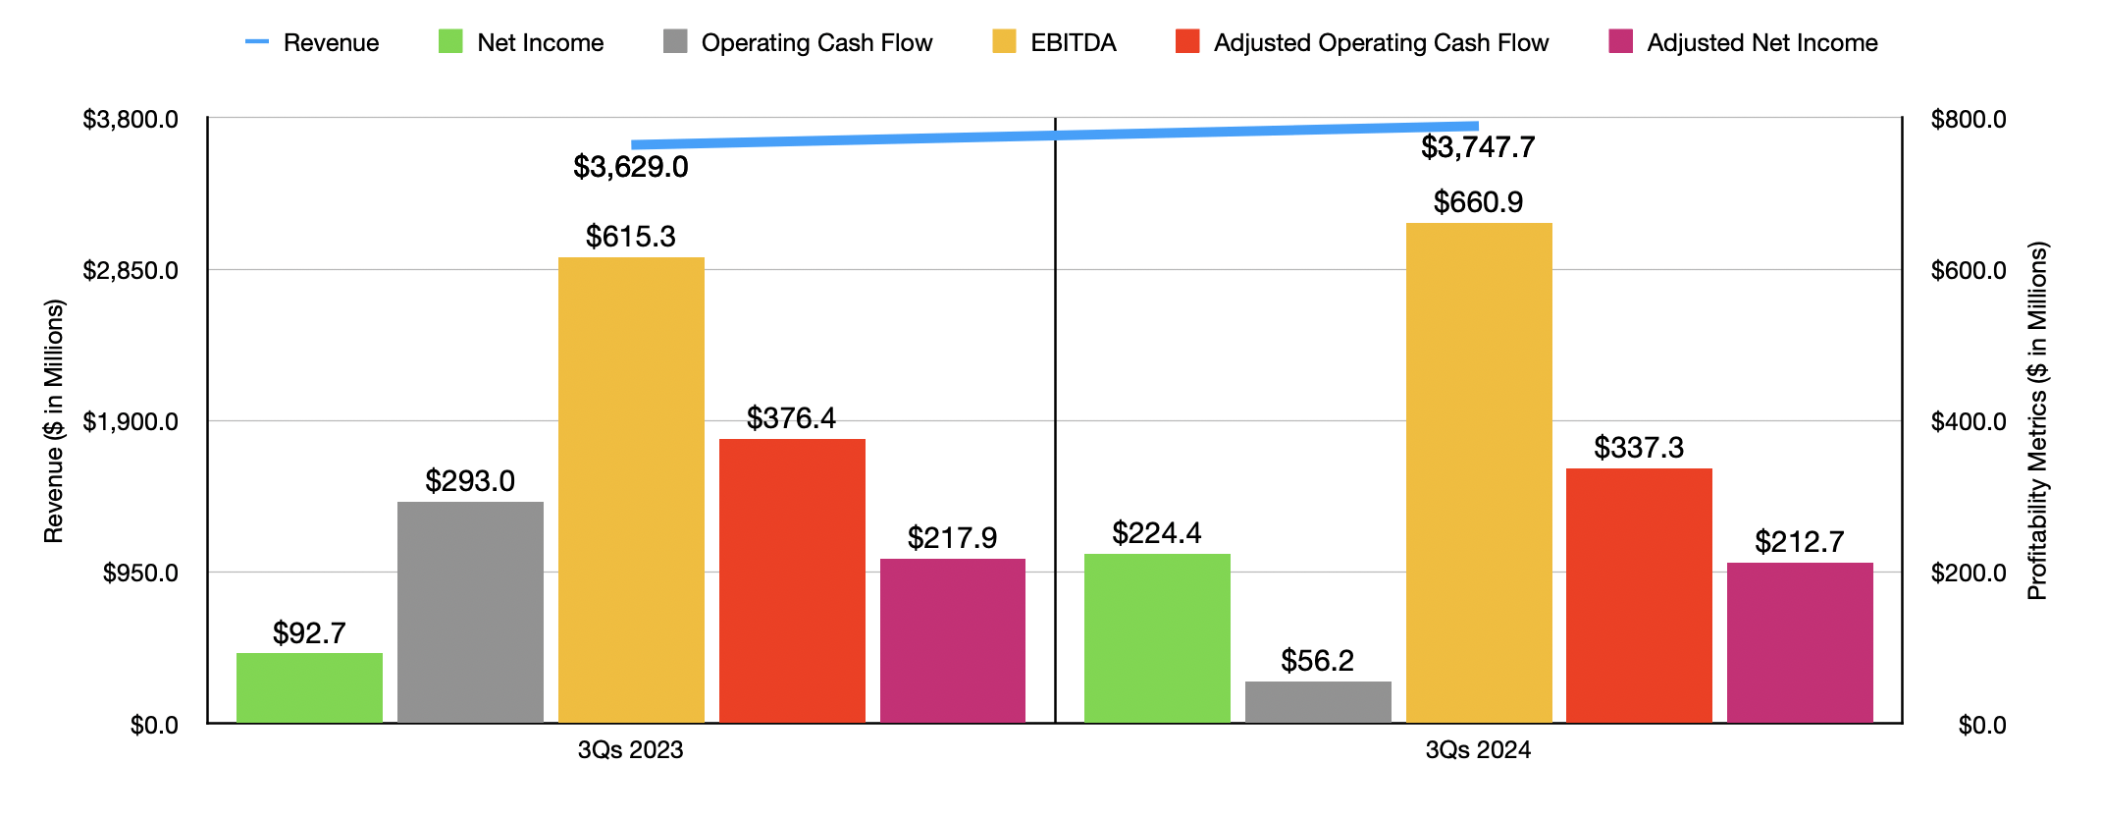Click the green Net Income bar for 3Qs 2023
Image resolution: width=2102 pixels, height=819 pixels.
pyautogui.click(x=309, y=687)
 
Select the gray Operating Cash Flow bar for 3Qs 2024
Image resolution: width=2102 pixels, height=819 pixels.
pyautogui.click(x=1318, y=702)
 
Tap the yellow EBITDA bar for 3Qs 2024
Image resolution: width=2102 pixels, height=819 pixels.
pyautogui.click(x=1479, y=472)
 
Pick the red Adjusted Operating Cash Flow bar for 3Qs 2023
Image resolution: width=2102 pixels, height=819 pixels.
pyautogui.click(x=792, y=580)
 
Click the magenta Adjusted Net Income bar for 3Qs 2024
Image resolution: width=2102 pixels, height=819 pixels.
pyautogui.click(x=1800, y=642)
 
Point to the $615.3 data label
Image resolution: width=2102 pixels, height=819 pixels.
pyautogui.click(x=630, y=237)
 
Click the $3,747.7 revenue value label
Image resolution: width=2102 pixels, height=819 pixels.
pyautogui.click(x=1478, y=147)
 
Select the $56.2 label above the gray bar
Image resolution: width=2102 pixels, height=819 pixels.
pyautogui.click(x=1317, y=661)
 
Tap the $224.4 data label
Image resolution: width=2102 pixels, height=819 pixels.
pyautogui.click(x=1156, y=533)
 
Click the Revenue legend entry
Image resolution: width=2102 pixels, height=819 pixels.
pyautogui.click(x=312, y=42)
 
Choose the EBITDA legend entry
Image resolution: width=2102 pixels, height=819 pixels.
pyautogui.click(x=1055, y=42)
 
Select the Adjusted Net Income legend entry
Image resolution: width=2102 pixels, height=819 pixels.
pyautogui.click(x=1743, y=42)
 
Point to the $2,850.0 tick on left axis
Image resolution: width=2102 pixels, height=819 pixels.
pyautogui.click(x=131, y=270)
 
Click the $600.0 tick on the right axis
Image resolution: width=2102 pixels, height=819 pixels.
pyautogui.click(x=1968, y=270)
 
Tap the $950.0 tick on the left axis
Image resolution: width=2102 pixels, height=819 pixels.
pyautogui.click(x=140, y=573)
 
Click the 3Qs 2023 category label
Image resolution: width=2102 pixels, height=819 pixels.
pyautogui.click(x=630, y=750)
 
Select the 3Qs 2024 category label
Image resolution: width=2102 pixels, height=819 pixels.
pyautogui.click(x=1478, y=750)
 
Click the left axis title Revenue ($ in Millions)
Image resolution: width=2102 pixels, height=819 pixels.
pyautogui.click(x=53, y=421)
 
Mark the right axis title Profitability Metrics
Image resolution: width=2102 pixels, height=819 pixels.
pyautogui.click(x=2037, y=421)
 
